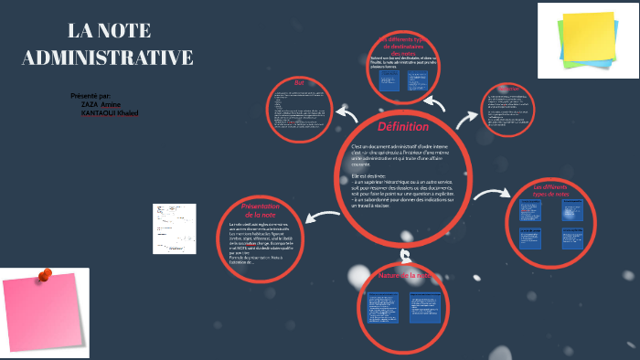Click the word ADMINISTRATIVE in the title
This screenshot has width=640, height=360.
coord(107,58)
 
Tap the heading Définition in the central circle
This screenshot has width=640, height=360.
coord(403,125)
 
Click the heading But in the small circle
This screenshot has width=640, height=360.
coord(299,83)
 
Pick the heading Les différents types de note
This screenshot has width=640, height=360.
coord(551,191)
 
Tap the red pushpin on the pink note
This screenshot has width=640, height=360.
coord(45,273)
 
